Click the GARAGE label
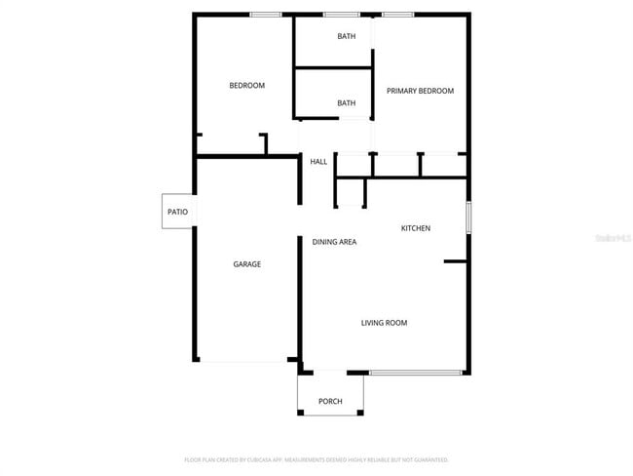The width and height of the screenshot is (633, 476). (x=246, y=264)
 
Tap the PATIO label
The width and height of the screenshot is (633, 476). (x=177, y=212)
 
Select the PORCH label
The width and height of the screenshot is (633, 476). (x=330, y=402)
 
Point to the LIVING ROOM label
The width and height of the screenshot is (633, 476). (x=384, y=323)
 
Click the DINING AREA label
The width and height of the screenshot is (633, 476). (x=334, y=241)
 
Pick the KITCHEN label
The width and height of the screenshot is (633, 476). (x=416, y=228)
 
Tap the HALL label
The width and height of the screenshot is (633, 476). (x=318, y=162)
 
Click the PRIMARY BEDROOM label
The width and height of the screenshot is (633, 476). (x=420, y=91)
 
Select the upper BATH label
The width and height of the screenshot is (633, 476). (x=347, y=37)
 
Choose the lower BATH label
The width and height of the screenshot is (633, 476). (x=347, y=102)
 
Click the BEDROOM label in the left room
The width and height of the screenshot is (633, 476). (x=246, y=86)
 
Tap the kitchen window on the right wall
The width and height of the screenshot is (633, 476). (x=468, y=217)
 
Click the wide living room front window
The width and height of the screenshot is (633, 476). (x=416, y=372)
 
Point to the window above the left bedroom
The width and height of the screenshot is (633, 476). (x=265, y=14)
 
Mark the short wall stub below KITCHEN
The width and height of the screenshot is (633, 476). (x=455, y=261)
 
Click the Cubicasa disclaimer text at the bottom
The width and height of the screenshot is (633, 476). (x=316, y=459)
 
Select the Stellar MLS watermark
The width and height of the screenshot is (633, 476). (x=613, y=237)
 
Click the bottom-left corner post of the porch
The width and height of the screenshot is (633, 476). (x=301, y=413)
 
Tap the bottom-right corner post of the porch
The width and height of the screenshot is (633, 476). (x=361, y=413)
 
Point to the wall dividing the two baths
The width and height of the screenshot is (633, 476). (x=333, y=68)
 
